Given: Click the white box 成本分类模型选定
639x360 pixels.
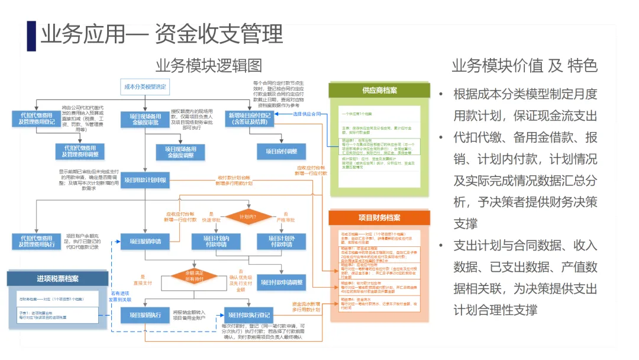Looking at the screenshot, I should pyautogui.click(x=145, y=87).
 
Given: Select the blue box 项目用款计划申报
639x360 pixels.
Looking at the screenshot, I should pyautogui.click(x=145, y=180).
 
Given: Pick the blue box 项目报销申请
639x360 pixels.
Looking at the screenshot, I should pyautogui.click(x=145, y=241).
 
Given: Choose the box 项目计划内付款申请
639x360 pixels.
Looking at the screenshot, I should pyautogui.click(x=217, y=241).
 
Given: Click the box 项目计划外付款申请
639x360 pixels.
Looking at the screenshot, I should pyautogui.click(x=282, y=241).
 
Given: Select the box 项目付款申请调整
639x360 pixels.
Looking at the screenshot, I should pyautogui.click(x=282, y=282).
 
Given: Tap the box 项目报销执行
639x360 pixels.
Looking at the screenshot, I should pyautogui.click(x=145, y=315).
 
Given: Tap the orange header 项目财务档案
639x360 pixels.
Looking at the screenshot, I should pyautogui.click(x=379, y=217).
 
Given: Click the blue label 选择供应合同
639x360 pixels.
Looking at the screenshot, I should pyautogui.click(x=307, y=113).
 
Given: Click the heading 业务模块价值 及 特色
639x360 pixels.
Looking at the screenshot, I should pyautogui.click(x=524, y=65).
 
